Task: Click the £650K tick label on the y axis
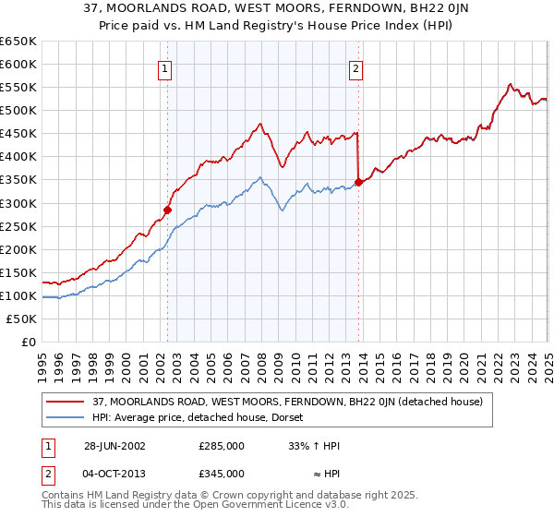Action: click(x=18, y=42)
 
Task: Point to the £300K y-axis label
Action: click(x=18, y=203)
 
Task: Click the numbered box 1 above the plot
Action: click(x=164, y=67)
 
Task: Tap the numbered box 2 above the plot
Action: click(x=355, y=67)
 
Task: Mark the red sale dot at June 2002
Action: click(x=168, y=210)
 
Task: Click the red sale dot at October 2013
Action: click(x=358, y=182)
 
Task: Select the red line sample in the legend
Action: click(x=66, y=402)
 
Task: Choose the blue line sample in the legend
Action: click(x=66, y=417)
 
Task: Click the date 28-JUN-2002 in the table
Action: click(x=114, y=446)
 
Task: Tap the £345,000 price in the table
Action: click(x=222, y=474)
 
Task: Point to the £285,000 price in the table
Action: click(x=222, y=446)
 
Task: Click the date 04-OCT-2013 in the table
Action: click(x=115, y=474)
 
